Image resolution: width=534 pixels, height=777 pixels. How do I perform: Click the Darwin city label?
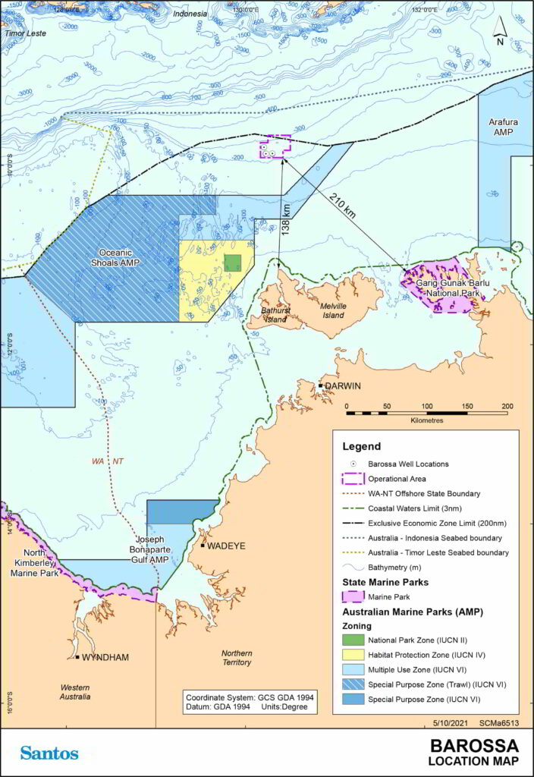click(x=346, y=386)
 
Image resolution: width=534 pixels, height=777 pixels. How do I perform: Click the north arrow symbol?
click(x=499, y=30)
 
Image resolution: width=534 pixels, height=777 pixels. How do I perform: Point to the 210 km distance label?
click(x=343, y=205)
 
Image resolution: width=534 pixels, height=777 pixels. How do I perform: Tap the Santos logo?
click(x=49, y=753)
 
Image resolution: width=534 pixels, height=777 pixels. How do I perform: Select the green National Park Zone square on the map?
click(x=233, y=263)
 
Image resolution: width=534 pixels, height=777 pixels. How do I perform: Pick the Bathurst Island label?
click(x=275, y=315)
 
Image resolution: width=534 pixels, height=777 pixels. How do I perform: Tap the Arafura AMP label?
click(x=503, y=124)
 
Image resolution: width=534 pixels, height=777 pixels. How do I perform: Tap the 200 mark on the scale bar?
click(x=507, y=406)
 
